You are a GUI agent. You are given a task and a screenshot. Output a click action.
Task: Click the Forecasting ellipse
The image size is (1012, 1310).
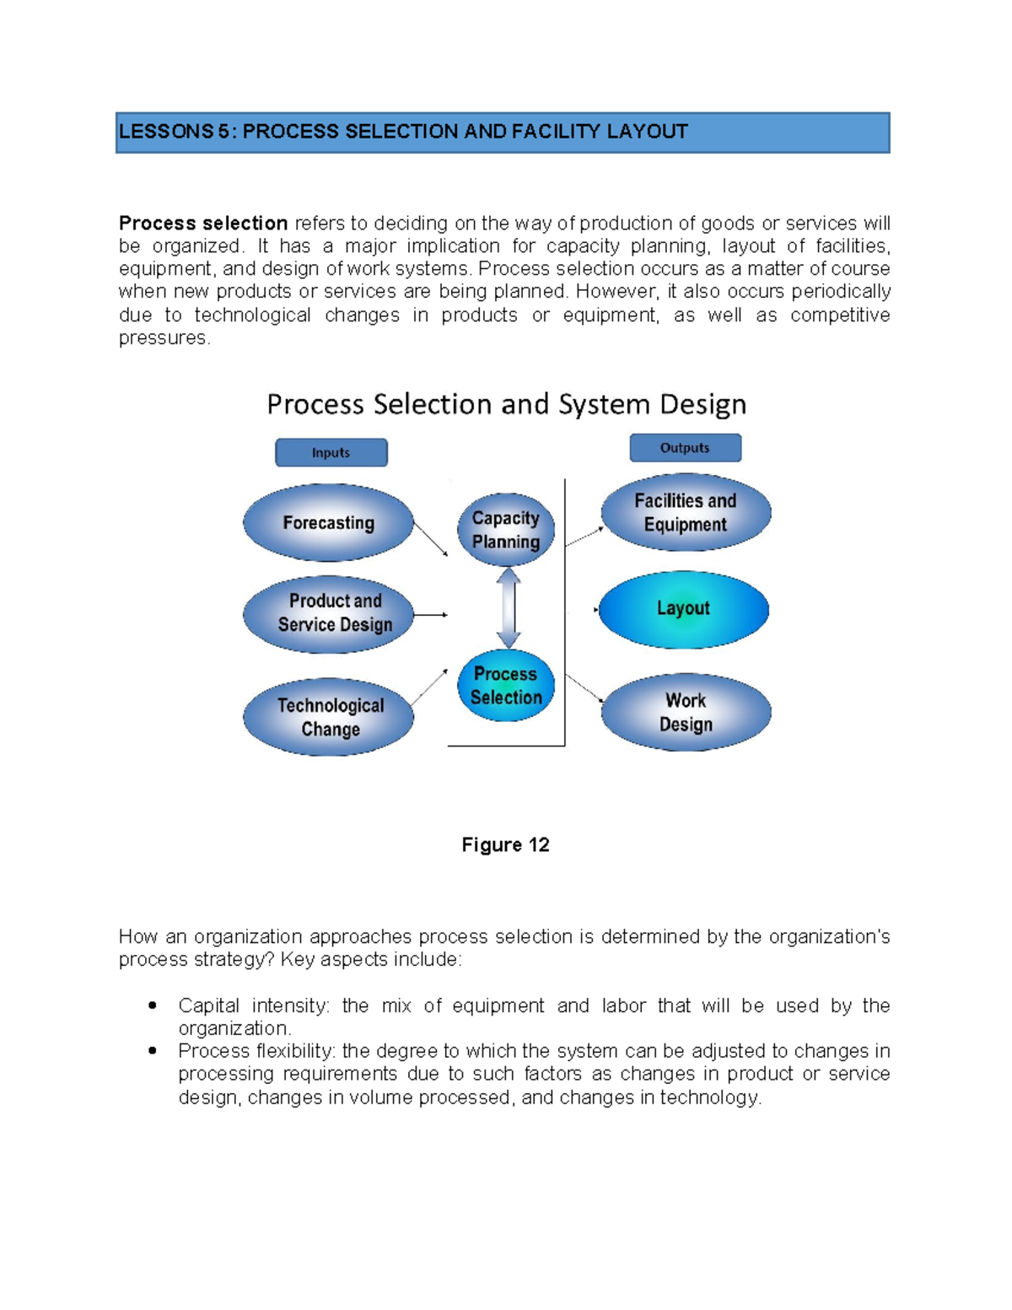328,523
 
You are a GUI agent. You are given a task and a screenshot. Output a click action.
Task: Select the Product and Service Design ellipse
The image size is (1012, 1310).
328,614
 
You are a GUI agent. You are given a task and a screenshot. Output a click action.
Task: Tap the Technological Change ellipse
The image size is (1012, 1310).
328,717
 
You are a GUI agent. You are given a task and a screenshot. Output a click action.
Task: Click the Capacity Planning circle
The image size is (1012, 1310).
506,530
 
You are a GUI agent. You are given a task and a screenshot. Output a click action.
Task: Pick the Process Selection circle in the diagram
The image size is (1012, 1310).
506,686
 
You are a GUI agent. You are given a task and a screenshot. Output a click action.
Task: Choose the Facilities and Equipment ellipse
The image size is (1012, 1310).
686,513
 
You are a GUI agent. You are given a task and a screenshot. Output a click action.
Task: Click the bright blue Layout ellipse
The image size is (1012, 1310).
683,609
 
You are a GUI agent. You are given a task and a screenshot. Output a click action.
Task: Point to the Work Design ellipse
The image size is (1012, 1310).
686,713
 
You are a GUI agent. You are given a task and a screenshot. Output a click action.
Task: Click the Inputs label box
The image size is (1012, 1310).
331,453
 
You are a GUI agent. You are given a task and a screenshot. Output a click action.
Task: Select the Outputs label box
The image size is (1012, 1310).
685,448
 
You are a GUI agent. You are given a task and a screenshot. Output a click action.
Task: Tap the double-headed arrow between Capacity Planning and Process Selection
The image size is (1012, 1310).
508,608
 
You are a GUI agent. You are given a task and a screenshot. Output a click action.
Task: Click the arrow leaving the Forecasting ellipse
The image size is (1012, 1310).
431,540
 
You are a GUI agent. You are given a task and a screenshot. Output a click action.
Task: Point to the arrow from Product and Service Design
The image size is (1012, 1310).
430,615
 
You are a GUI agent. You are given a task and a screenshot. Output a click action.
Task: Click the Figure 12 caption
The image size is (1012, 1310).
505,845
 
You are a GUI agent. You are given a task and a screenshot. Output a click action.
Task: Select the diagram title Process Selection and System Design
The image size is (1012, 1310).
506,405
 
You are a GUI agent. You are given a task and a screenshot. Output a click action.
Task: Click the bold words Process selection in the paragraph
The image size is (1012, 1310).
203,224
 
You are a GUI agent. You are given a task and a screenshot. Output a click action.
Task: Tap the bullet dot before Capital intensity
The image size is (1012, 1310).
153,1005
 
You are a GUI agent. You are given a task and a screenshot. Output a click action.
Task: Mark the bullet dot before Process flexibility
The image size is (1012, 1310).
153,1051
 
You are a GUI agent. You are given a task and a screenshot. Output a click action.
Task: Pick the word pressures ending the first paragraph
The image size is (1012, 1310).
163,338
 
